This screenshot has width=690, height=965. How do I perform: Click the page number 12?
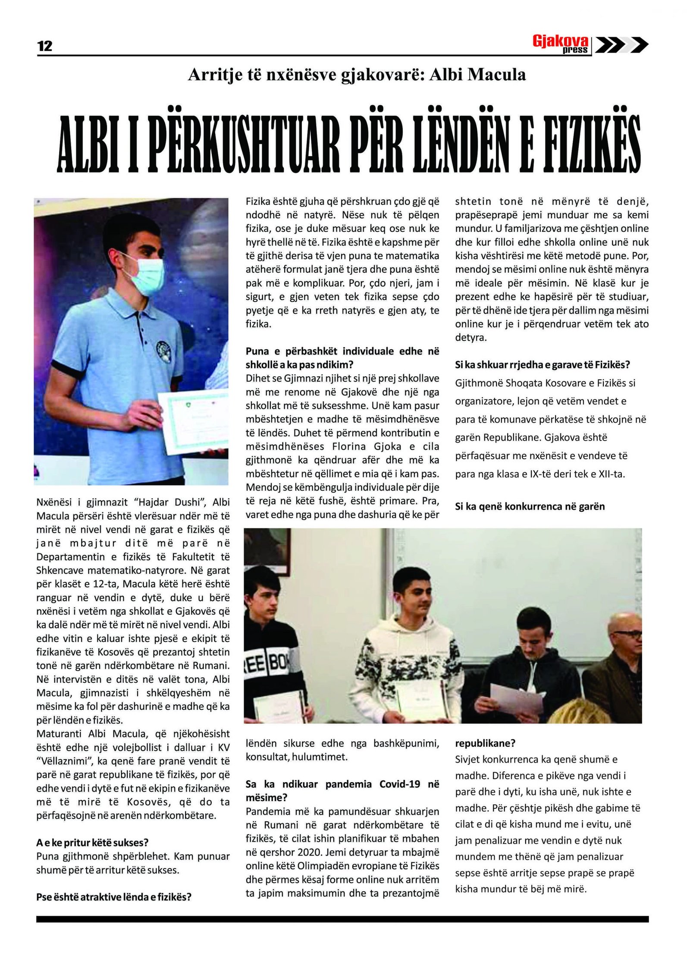click(45, 46)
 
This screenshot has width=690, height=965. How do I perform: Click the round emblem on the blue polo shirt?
click(164, 349)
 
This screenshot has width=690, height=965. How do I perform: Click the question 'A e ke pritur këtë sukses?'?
click(92, 842)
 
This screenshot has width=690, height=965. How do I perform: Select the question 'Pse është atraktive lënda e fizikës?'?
click(114, 897)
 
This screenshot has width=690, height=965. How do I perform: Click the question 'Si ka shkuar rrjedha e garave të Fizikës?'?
click(543, 365)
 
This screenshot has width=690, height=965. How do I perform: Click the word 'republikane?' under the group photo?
click(485, 743)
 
